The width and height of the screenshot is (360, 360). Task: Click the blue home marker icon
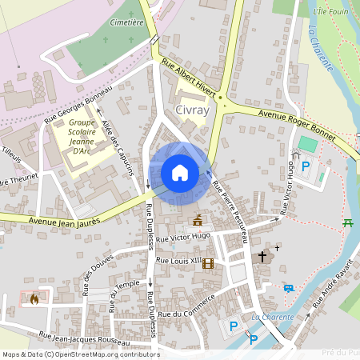tap(180, 173)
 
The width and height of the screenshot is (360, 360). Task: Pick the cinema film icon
tap(208, 262)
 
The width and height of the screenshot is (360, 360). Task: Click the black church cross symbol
tap(262, 258)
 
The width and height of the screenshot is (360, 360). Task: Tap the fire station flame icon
tap(34, 298)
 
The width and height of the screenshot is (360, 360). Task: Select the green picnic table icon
tap(348, 222)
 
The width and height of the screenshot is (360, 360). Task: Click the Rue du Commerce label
tap(186, 308)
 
